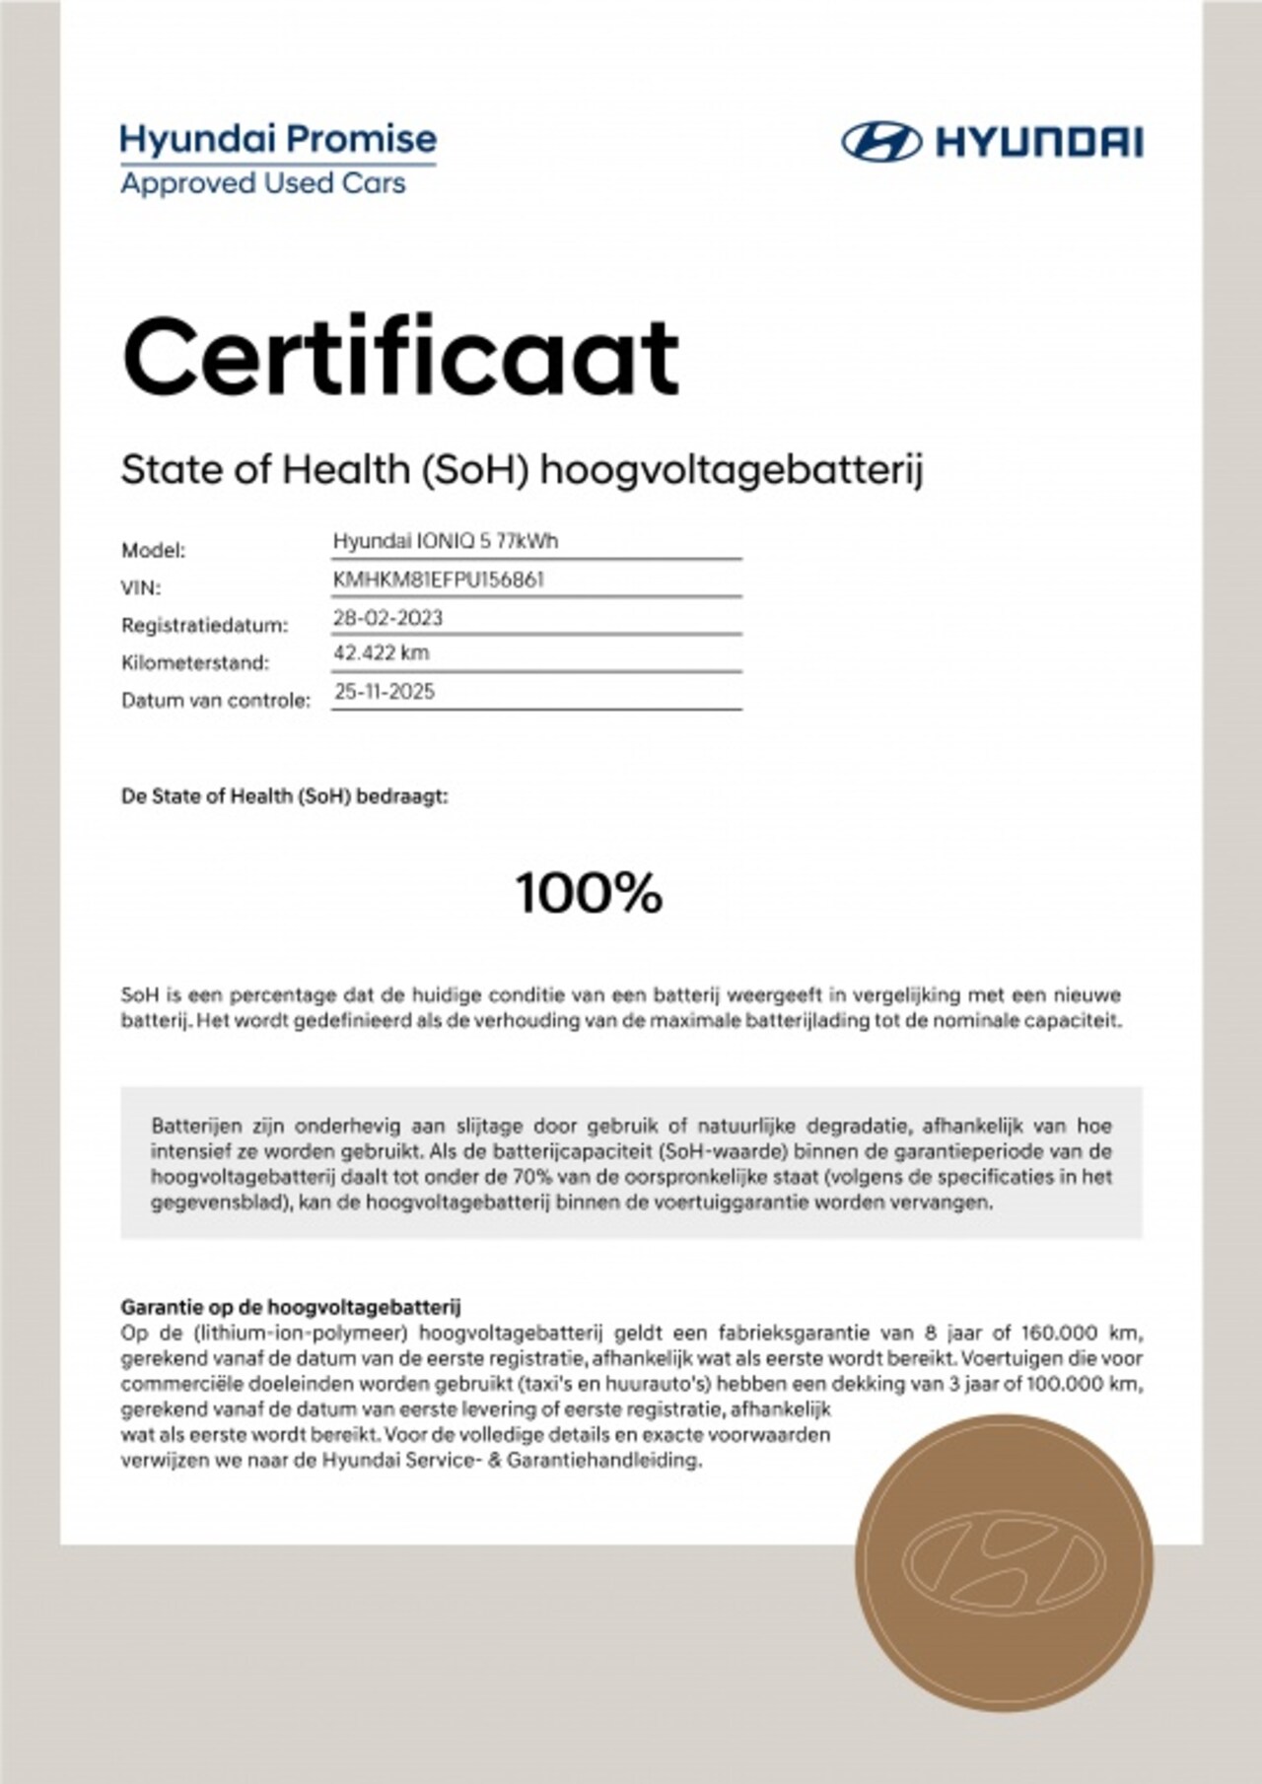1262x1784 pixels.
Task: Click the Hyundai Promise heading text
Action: click(x=278, y=139)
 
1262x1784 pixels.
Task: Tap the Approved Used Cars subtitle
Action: click(x=262, y=183)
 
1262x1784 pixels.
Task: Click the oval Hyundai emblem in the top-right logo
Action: click(x=880, y=142)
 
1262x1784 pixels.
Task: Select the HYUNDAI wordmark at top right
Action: click(x=1037, y=142)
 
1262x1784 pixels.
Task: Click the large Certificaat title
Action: click(x=400, y=357)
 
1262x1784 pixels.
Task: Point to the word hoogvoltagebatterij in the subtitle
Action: click(x=732, y=470)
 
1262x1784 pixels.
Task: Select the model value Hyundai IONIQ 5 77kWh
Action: click(x=446, y=541)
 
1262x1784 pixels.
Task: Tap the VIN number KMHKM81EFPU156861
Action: click(x=439, y=580)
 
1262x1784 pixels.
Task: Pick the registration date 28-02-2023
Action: click(x=388, y=618)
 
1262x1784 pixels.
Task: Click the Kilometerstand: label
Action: click(x=194, y=663)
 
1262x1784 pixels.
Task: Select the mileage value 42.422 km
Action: click(x=382, y=652)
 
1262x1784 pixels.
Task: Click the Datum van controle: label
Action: click(x=215, y=701)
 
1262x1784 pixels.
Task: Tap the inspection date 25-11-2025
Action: click(x=385, y=691)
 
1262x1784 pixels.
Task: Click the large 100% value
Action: click(x=589, y=893)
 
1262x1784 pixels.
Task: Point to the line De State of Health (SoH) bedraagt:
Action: click(x=284, y=796)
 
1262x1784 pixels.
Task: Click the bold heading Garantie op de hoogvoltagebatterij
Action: click(x=290, y=1308)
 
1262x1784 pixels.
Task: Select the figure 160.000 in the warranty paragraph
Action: click(x=1061, y=1334)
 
